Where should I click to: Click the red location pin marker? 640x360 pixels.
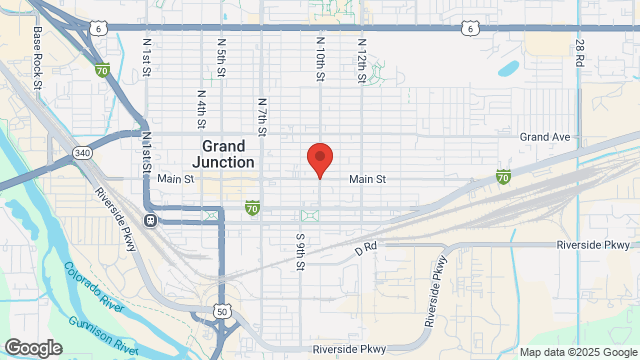click(319, 159)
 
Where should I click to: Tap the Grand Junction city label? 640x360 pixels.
click(221, 152)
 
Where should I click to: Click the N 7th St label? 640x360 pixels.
click(262, 116)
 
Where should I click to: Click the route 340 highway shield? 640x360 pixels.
click(82, 153)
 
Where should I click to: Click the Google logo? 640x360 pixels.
click(32, 348)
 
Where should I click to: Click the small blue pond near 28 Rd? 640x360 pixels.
click(508, 70)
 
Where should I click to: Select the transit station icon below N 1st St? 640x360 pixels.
click(150, 220)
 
